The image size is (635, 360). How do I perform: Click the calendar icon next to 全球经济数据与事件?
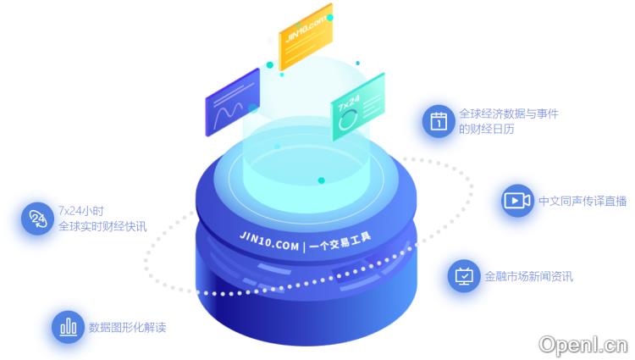[438, 120]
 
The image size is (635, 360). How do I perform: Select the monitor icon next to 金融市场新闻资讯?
[463, 275]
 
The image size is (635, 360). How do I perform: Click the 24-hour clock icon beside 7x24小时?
[37, 219]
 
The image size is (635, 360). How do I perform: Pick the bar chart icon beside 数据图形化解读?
[67, 327]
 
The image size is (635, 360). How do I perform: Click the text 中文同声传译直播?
[583, 201]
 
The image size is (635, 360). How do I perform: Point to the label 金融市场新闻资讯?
[528, 276]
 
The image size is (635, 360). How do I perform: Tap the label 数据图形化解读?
[127, 327]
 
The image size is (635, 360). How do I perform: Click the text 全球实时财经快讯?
[102, 226]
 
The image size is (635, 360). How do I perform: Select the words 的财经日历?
[486, 129]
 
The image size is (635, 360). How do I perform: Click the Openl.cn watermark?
[583, 344]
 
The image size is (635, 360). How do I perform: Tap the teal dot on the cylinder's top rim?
[321, 180]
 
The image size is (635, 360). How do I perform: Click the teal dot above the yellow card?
[329, 17]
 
